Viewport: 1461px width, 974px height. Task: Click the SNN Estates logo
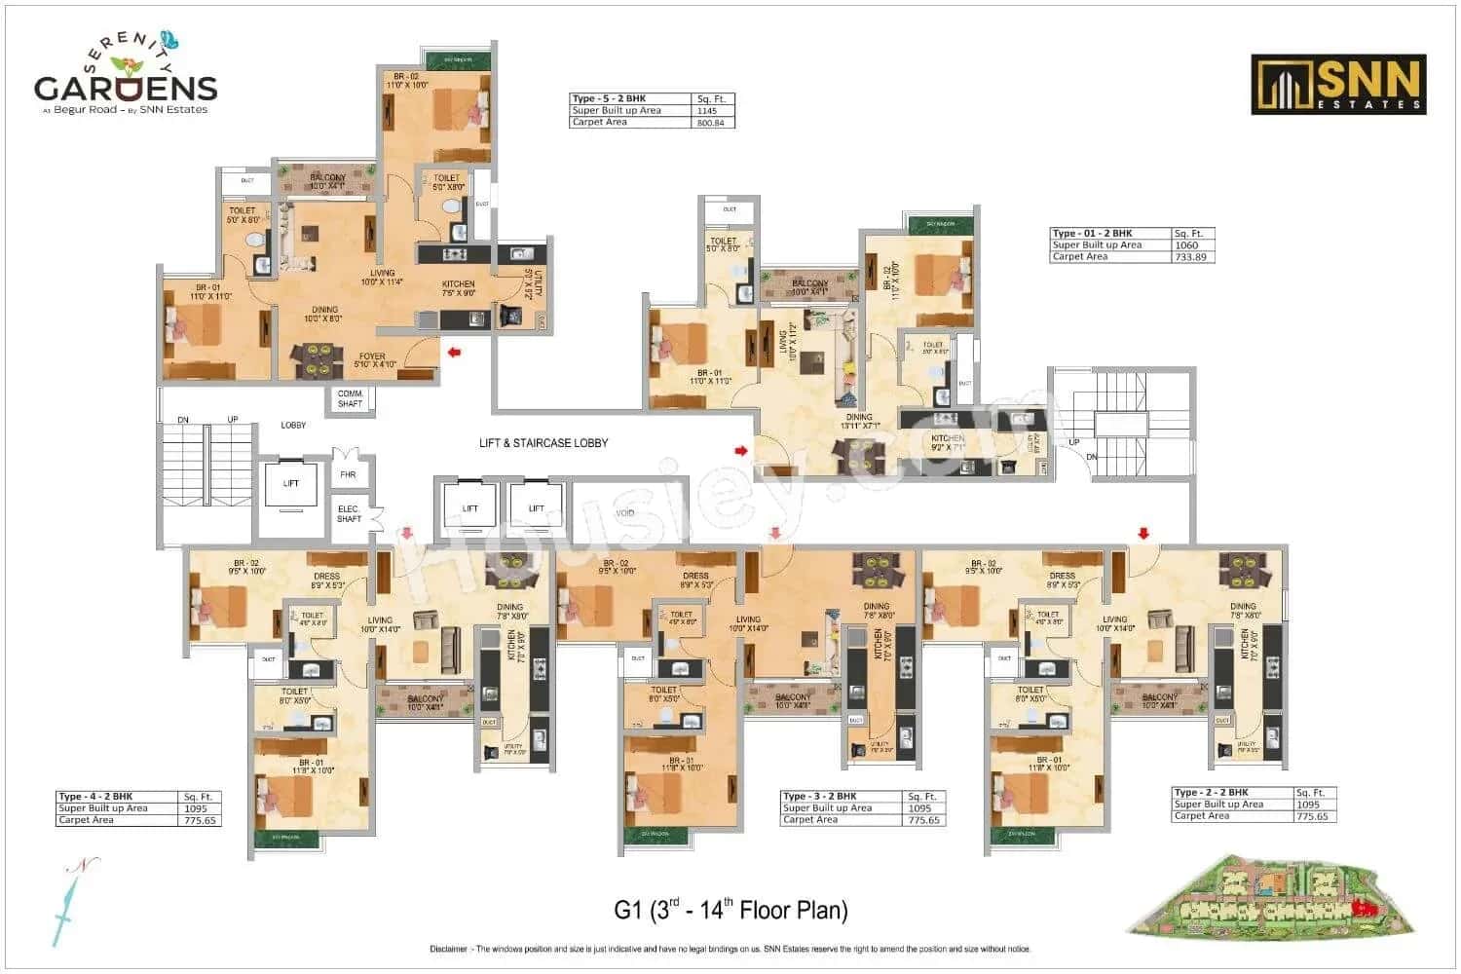tap(1338, 85)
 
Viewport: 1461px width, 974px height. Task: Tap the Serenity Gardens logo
tap(125, 76)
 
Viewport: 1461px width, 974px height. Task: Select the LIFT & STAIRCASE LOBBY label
tap(543, 443)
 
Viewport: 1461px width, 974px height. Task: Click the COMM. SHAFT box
tap(350, 399)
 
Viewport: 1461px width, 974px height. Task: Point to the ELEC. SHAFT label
tap(349, 514)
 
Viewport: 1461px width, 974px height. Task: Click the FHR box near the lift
tap(348, 476)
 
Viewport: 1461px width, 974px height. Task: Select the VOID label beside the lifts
tap(625, 513)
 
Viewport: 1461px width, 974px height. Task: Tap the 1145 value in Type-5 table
tap(706, 111)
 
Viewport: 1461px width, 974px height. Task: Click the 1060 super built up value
tap(1187, 245)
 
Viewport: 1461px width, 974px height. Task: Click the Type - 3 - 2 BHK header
tap(820, 797)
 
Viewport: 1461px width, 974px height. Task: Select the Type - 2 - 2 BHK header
tap(1212, 793)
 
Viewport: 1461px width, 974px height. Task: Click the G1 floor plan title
tap(730, 911)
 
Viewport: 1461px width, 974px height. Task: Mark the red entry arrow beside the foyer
tap(453, 352)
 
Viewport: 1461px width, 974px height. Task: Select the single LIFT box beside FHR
tap(291, 484)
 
